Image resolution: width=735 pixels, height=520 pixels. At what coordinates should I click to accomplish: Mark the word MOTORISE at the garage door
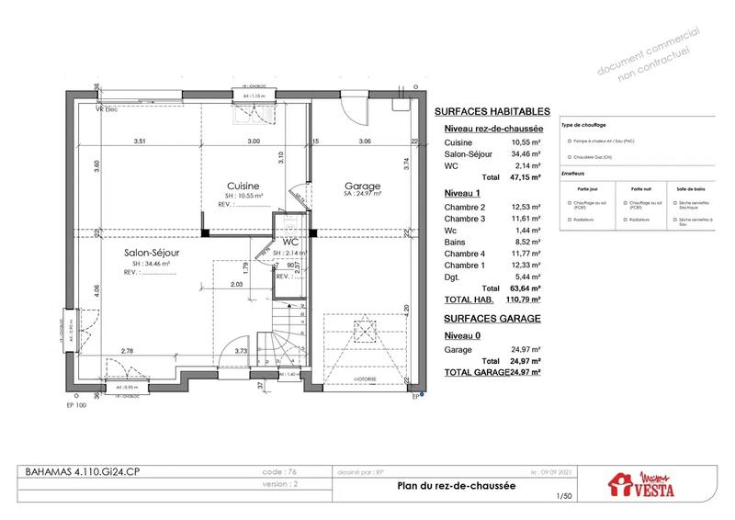[x=366, y=378]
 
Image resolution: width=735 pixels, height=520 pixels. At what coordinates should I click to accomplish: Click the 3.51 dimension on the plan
[x=140, y=141]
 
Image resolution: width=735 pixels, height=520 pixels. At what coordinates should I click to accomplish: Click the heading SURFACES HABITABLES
[x=491, y=110]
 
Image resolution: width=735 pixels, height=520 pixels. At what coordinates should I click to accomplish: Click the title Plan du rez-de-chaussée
[x=453, y=488]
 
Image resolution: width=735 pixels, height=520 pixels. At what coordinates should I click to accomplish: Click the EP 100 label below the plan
[x=77, y=403]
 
